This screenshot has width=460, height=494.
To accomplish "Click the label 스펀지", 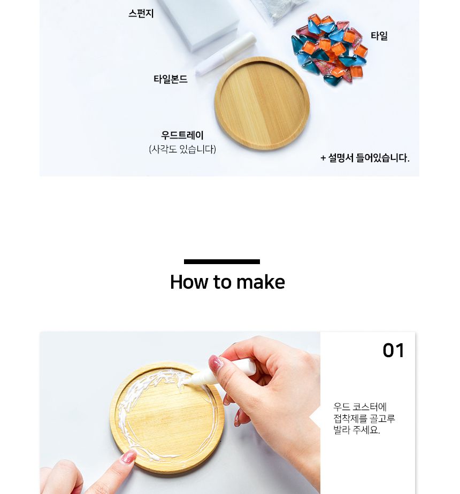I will coord(141,14).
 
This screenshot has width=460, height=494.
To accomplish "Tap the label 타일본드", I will coord(171,80).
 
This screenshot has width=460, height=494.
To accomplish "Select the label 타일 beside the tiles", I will coord(379,36).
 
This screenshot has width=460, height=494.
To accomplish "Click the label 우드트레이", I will coord(182,136).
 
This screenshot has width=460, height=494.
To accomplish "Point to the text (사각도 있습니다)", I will coord(182,150).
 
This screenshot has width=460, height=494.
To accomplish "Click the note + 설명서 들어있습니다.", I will coord(365,158).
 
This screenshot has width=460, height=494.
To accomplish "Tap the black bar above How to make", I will coord(222,262).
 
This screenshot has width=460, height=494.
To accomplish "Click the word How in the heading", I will coord(189,282).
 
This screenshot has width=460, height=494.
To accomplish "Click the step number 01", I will coord(394,351).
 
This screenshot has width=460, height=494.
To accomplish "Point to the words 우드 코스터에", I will coord(360,407).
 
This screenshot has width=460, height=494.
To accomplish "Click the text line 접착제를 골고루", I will coord(364,419).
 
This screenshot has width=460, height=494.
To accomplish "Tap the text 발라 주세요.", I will coord(357,430).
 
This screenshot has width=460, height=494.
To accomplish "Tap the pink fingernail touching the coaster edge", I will coord(128,457).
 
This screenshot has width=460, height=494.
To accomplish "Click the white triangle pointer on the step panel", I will coord(315,418).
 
